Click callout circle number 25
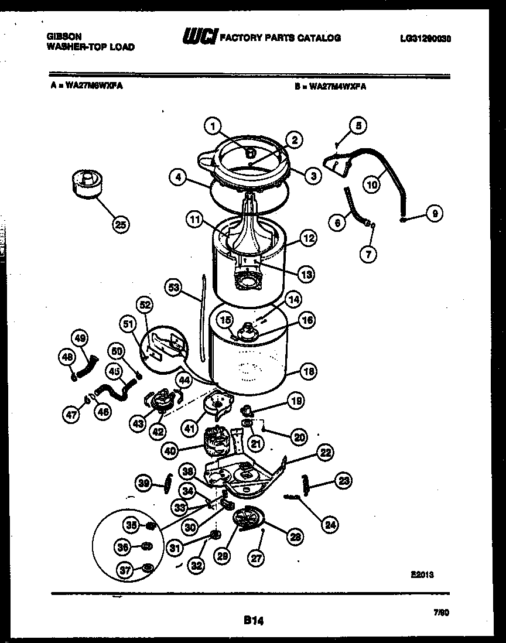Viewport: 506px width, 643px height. pos(121,225)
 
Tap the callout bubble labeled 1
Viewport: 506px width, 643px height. pos(213,126)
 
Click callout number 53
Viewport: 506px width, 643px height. pos(173,288)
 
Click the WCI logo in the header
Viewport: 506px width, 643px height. pos(199,37)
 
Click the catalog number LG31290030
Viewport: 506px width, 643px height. pos(426,39)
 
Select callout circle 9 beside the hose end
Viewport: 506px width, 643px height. pos(434,214)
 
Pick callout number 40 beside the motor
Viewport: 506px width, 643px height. pos(170,452)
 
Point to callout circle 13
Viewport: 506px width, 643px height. pos(306,273)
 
